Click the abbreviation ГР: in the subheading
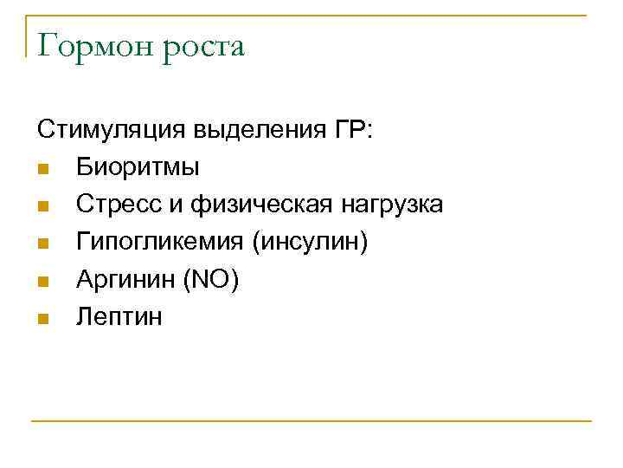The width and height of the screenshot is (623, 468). (350, 130)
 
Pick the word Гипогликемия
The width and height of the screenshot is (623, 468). (157, 242)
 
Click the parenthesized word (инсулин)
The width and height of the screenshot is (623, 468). (310, 242)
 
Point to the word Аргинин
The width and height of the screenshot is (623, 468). (126, 279)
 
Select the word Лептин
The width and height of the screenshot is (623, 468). (119, 316)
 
